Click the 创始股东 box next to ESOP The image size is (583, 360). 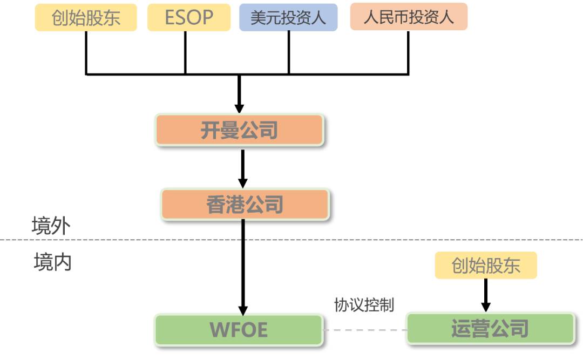click(86, 18)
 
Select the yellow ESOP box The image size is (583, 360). click(189, 18)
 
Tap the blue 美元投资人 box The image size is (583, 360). click(288, 18)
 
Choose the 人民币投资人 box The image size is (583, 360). click(409, 17)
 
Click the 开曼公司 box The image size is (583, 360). click(239, 130)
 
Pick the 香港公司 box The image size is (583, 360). click(245, 205)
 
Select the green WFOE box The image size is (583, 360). click(239, 330)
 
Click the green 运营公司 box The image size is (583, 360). click(490, 328)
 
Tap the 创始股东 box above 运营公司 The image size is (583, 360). click(485, 266)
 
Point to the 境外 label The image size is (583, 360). click(51, 226)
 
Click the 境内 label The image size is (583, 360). click(52, 262)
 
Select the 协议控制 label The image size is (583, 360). click(363, 305)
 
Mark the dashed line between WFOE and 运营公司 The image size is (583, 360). click(364, 330)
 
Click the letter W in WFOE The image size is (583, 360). click(218, 330)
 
